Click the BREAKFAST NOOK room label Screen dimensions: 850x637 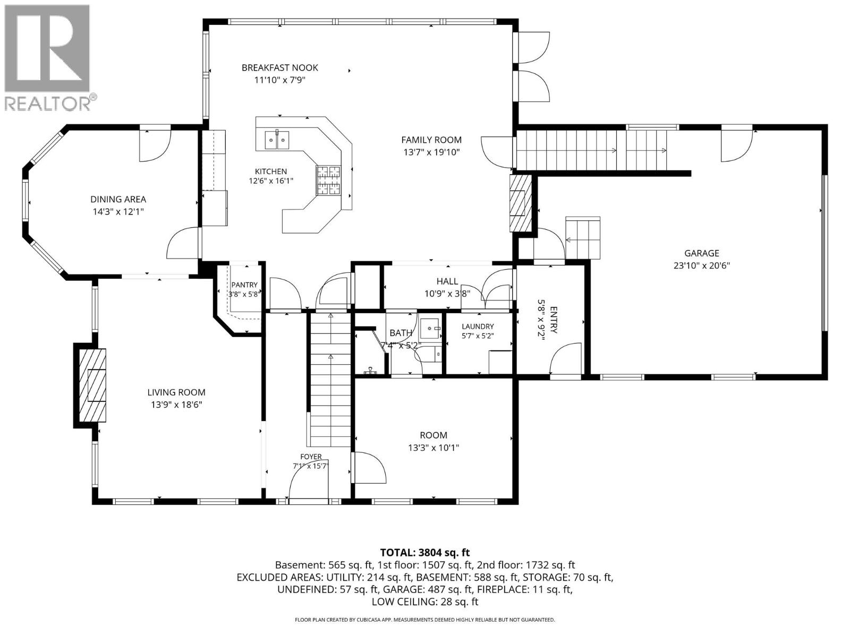(x=279, y=68)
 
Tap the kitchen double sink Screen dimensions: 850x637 (x=277, y=140)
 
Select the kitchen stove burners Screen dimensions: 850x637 (x=328, y=180)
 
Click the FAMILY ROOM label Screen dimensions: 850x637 (x=431, y=140)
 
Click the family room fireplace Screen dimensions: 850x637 (x=521, y=203)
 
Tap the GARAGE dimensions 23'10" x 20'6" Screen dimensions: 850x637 (x=702, y=266)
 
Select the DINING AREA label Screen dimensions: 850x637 (x=118, y=199)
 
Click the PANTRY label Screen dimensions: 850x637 (x=244, y=285)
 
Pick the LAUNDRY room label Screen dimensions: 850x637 (x=478, y=326)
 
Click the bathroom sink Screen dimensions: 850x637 (x=430, y=329)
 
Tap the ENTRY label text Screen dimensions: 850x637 (x=554, y=320)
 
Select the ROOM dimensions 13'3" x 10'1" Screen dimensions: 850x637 (x=433, y=447)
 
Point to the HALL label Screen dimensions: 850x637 (x=447, y=281)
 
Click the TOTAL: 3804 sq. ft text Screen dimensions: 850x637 (x=425, y=552)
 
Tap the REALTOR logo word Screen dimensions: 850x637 (x=48, y=103)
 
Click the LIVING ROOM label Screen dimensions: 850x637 (x=176, y=392)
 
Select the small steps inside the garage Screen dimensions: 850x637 (x=583, y=238)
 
